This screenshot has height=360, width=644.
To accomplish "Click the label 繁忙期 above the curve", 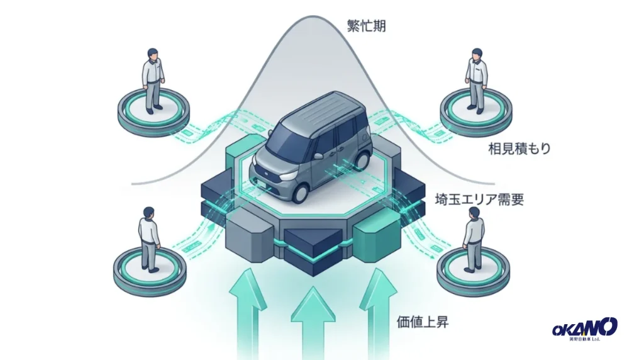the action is tap(367, 26).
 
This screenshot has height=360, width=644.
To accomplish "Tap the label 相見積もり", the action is tap(519, 149).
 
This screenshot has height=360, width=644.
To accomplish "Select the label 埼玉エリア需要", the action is tap(479, 200).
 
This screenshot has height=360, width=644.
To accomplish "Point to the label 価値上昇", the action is tap(422, 322).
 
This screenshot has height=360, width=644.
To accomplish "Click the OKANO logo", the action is tap(585, 327).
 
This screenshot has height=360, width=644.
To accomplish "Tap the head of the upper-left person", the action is tap(152, 54).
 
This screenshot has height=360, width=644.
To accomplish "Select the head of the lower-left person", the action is tap(148, 213).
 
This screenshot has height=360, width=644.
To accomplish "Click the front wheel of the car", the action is tap(301, 193).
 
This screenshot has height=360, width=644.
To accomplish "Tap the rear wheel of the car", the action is tap(364, 159).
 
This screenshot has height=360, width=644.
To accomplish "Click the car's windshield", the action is tap(288, 140).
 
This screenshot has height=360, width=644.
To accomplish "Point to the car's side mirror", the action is tap(318, 156).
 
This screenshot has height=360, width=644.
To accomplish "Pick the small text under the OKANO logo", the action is tap(585, 339).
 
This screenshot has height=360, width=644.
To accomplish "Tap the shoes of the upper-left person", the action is tap(153, 110).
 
